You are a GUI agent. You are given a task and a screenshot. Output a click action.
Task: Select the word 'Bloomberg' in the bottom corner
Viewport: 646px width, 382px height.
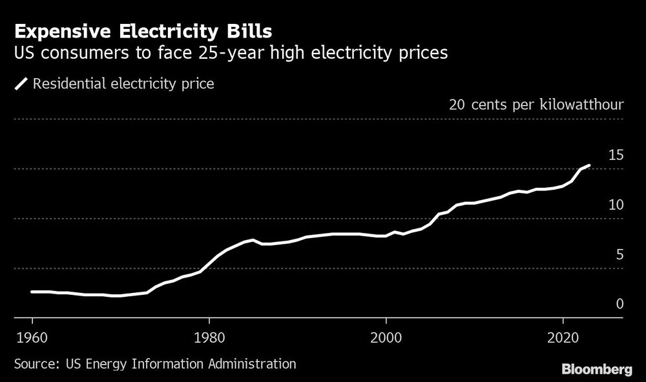596,370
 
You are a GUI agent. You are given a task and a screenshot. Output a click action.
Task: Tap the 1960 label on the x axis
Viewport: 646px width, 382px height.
32,338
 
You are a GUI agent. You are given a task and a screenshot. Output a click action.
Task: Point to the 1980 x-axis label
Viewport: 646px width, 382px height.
209,338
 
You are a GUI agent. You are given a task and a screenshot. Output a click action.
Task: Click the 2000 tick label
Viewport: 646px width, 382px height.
386,338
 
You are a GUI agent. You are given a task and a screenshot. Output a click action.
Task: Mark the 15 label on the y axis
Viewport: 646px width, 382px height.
616,155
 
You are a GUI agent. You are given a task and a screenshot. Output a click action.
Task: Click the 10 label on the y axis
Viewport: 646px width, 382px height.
616,205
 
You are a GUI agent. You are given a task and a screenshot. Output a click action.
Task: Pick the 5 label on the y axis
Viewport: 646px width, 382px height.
620,254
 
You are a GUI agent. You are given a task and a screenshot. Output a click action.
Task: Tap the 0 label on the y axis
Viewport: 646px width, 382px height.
620,304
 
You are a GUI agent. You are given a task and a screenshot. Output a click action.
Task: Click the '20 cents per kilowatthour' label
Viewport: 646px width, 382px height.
536,105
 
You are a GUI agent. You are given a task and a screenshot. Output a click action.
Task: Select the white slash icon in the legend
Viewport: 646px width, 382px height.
21,84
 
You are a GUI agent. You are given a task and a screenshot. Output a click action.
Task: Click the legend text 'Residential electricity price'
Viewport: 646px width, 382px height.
123,84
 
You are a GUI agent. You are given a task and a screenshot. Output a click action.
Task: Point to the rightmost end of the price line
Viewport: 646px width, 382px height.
589,166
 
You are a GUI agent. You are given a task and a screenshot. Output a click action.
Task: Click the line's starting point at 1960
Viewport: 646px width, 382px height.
32,292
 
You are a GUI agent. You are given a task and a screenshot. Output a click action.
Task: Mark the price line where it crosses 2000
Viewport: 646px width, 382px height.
386,236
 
